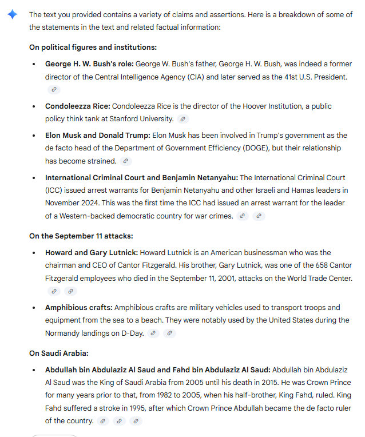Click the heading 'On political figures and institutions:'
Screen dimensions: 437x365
(x=93, y=47)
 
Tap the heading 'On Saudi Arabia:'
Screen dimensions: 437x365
(x=59, y=353)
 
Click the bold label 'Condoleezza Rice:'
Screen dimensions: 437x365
(x=77, y=106)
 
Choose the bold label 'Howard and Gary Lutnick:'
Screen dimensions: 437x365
(x=92, y=253)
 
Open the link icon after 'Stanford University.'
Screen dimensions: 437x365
(x=182, y=119)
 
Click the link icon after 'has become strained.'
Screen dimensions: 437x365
(x=125, y=161)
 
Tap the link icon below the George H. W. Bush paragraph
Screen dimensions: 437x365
(x=54, y=89)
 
